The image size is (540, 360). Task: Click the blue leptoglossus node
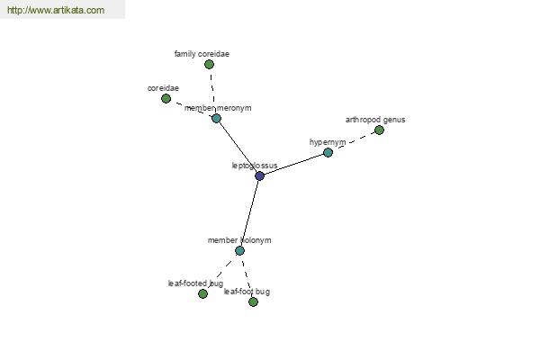[x=260, y=176]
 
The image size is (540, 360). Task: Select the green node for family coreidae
[x=209, y=65]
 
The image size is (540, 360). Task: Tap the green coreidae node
[x=166, y=98]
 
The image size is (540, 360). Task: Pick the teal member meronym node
[x=216, y=119]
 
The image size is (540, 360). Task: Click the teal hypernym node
[x=328, y=152]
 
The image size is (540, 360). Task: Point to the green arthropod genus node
[x=379, y=130]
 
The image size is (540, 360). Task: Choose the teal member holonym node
[x=239, y=250]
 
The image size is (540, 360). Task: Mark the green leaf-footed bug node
[x=202, y=294]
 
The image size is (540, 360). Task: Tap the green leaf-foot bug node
[x=253, y=302]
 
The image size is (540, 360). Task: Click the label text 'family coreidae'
[x=202, y=54]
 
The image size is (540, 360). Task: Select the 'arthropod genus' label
[x=375, y=120]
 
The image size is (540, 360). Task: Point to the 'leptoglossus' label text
[x=255, y=166]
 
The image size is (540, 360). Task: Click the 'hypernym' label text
[x=328, y=142]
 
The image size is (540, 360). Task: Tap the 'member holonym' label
[x=239, y=240]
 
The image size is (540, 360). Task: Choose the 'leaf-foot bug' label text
[x=247, y=292]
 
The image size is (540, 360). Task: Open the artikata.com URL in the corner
[x=56, y=10]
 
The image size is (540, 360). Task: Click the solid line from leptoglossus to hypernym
[x=293, y=165]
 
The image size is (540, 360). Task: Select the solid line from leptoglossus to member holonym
[x=249, y=213]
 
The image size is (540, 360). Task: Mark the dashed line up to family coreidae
[x=212, y=91]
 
